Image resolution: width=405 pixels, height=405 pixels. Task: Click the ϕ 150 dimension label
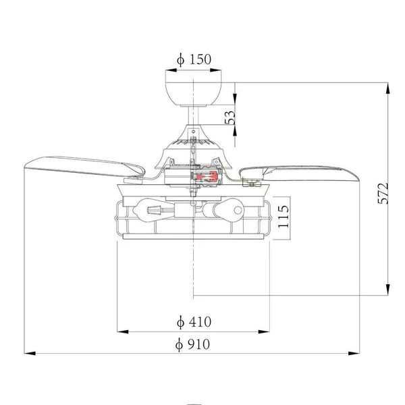(194, 59)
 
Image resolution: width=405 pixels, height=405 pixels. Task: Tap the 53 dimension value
(230, 117)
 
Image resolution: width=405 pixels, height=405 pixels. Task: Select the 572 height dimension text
(383, 194)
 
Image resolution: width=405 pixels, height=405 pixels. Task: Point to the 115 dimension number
(283, 217)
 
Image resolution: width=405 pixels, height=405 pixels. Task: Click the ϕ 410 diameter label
(194, 322)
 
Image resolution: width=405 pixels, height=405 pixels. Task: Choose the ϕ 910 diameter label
(192, 344)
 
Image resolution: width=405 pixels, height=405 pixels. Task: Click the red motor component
(207, 176)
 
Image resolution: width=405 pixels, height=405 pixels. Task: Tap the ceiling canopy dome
(193, 94)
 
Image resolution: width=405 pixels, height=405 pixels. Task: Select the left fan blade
(84, 167)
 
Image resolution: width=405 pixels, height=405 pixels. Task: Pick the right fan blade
(299, 173)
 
